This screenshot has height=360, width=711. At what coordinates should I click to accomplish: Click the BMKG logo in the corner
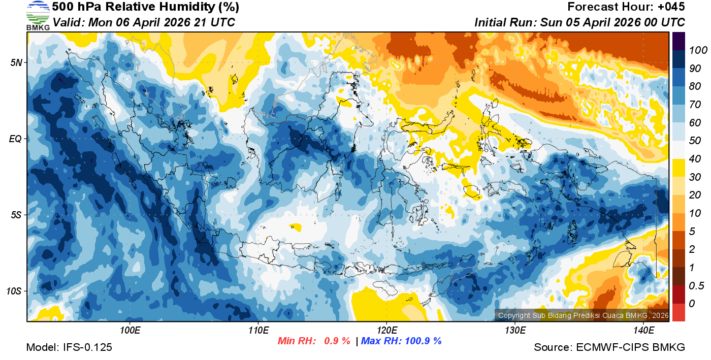(38, 16)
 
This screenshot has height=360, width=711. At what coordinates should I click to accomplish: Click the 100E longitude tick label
(130, 331)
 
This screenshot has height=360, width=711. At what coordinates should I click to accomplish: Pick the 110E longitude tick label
(258, 331)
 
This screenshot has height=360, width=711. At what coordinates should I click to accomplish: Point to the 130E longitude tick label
(515, 331)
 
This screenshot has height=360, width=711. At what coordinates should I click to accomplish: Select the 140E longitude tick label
(643, 331)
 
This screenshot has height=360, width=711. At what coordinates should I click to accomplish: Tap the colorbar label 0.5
(695, 285)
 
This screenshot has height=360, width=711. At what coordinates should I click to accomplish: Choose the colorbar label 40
(694, 159)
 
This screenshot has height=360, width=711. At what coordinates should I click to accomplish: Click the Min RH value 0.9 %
(337, 341)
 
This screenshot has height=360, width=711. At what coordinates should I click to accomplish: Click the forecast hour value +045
(672, 7)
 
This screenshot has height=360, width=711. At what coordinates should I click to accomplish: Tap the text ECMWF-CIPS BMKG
(630, 347)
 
